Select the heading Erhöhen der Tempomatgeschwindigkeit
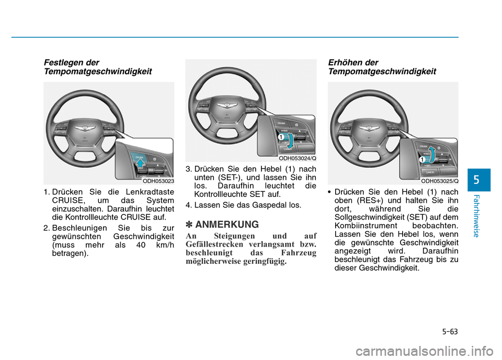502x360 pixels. pyautogui.click(x=381, y=66)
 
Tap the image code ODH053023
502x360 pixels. pyautogui.click(x=158, y=181)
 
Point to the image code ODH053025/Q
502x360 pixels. pyautogui.click(x=439, y=181)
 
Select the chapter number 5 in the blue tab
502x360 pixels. pyautogui.click(x=476, y=180)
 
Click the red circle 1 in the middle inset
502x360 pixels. pyautogui.click(x=280, y=136)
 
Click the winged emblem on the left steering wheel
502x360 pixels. pyautogui.click(x=83, y=128)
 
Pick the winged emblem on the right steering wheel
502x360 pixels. pyautogui.click(x=368, y=128)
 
